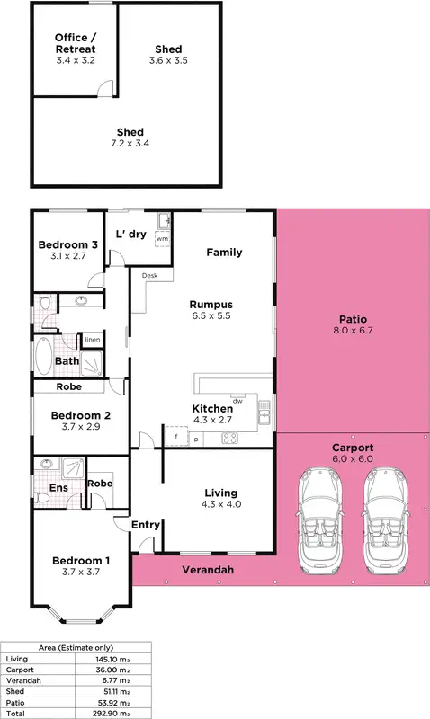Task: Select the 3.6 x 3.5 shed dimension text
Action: pos(167,60)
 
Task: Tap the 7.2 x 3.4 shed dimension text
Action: pos(130,144)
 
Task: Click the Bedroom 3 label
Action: pos(67,245)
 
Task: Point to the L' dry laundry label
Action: pos(131,234)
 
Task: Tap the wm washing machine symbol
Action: pos(162,239)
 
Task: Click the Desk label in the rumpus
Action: pos(149,276)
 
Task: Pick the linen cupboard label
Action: pos(92,340)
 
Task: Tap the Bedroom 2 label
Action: pos(80,415)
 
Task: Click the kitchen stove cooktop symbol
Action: pos(228,439)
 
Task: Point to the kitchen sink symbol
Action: pos(264,413)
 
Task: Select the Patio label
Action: pos(353,319)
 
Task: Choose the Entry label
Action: pos(145,525)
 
